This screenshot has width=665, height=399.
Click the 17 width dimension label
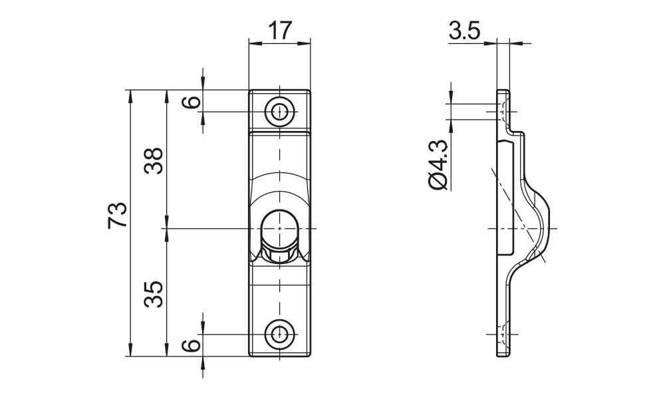click(280, 30)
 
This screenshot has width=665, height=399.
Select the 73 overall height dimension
click(118, 214)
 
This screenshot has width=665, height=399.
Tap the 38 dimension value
click(154, 160)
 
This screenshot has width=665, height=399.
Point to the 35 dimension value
click(154, 293)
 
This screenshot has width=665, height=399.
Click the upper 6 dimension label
click(192, 102)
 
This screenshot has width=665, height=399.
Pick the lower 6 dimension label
click(192, 345)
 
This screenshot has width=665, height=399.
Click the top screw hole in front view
click(280, 111)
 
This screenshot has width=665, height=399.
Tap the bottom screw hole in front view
click(280, 334)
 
